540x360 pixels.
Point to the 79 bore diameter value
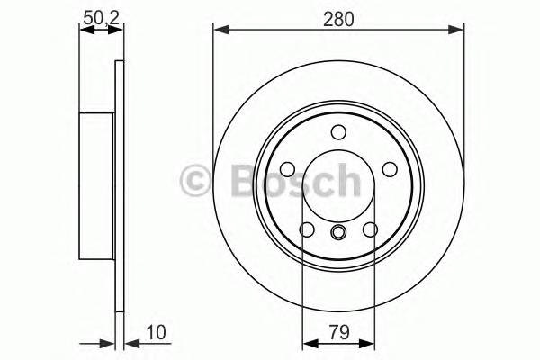click(x=338, y=331)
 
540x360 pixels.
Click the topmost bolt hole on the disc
click(x=338, y=133)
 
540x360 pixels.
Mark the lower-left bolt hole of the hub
click(x=307, y=230)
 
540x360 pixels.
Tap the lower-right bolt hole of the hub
click(x=370, y=230)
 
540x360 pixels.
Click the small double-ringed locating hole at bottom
click(x=338, y=236)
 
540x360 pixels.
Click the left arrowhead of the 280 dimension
click(x=219, y=31)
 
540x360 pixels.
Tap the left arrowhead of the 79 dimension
click(x=307, y=342)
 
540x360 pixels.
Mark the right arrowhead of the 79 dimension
click(x=370, y=342)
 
